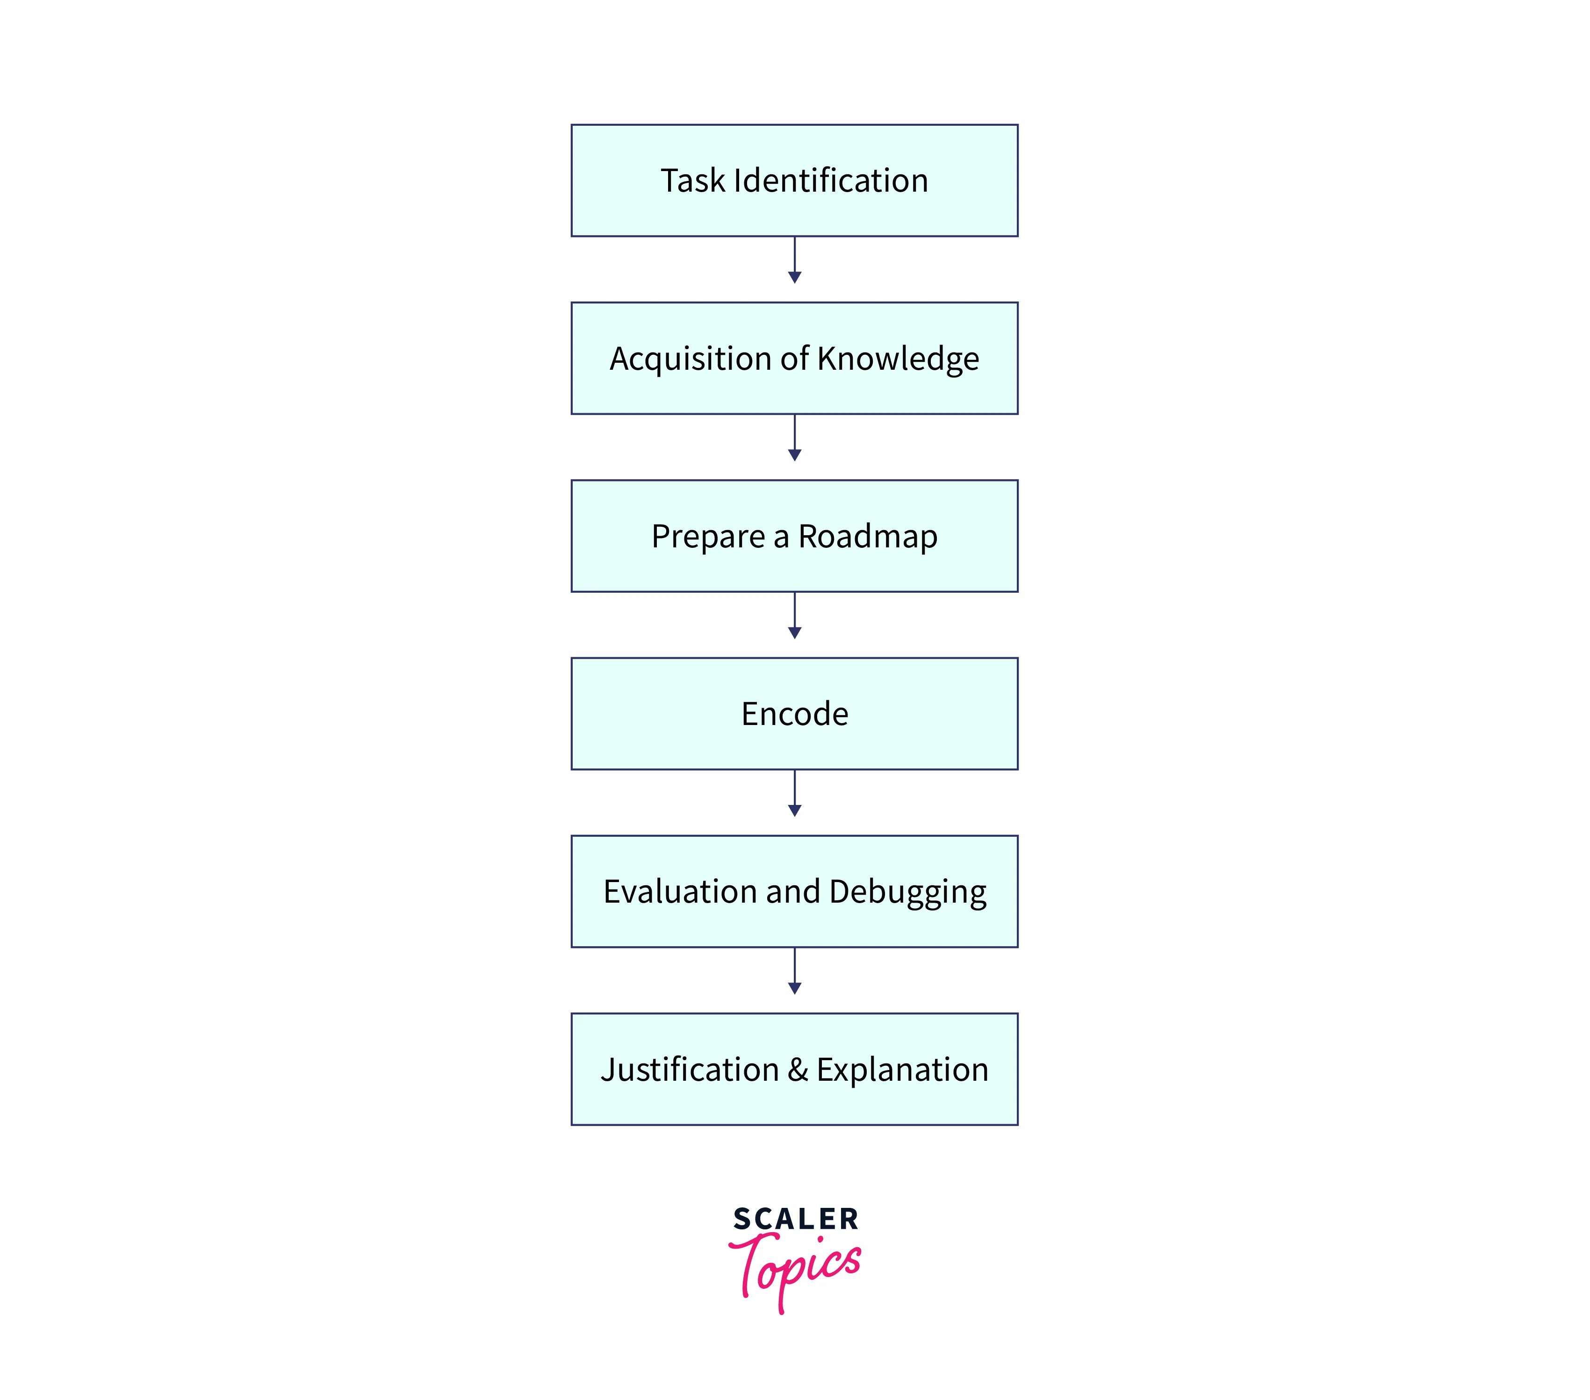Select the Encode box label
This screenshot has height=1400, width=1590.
[794, 714]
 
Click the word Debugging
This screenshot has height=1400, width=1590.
[908, 892]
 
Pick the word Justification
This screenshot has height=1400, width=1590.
[689, 1070]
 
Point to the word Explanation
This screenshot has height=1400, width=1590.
[902, 1070]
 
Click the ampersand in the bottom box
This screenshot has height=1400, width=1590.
[797, 1070]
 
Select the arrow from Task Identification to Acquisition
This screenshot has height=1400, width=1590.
[794, 260]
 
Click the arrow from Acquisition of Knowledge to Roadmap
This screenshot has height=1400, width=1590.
[794, 438]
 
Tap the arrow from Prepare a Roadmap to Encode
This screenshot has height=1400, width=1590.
[794, 617]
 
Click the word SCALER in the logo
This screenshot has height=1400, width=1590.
[795, 1219]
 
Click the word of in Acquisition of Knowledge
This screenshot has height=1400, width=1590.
[794, 359]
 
